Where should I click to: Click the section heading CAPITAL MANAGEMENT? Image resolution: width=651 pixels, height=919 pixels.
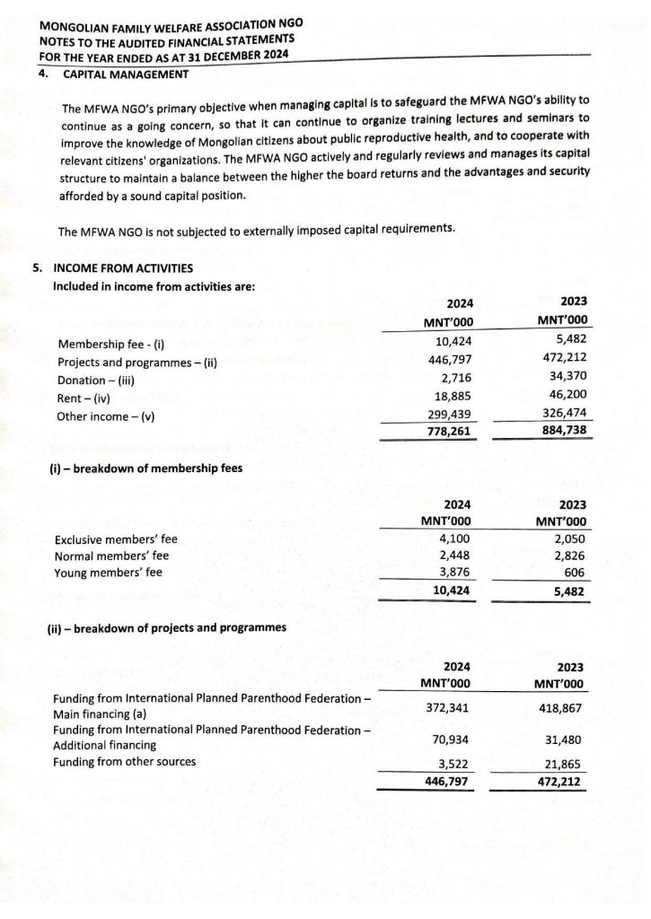click(125, 74)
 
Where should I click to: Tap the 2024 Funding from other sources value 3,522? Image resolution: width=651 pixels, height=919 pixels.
click(453, 763)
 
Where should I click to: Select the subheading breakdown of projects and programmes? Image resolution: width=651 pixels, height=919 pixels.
click(167, 627)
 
